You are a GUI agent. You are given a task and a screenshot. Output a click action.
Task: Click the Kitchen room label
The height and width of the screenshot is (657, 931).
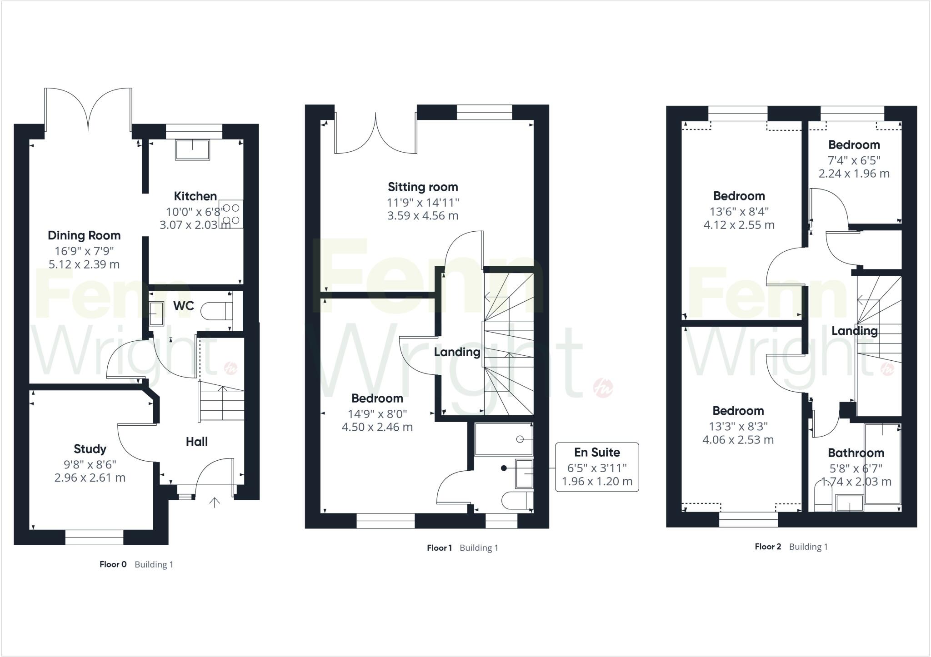(195, 196)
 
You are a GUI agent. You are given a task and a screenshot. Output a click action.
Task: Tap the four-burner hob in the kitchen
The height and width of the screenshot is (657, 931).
(231, 214)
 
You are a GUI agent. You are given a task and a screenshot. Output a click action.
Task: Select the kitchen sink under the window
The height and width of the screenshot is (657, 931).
(193, 149)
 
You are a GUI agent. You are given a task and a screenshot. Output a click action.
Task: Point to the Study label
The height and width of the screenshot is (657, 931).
(90, 449)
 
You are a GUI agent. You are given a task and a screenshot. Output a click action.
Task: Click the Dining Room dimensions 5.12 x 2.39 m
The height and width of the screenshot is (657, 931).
(84, 264)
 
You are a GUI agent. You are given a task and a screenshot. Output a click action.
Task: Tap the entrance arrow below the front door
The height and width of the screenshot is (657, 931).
(215, 502)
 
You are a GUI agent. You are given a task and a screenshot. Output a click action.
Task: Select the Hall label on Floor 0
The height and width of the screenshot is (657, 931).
(197, 442)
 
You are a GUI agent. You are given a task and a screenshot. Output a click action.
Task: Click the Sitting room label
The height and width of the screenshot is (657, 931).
(423, 187)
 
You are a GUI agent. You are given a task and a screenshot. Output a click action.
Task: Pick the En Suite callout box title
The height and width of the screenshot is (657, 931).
(597, 453)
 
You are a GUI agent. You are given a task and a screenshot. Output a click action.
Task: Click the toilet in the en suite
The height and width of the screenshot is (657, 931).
(516, 501)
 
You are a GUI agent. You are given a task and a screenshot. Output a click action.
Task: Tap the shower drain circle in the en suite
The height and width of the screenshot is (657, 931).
(520, 439)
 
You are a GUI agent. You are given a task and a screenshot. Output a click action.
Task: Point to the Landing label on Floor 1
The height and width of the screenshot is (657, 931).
(457, 352)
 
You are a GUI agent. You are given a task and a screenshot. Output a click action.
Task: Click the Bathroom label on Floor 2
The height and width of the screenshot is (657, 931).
(856, 453)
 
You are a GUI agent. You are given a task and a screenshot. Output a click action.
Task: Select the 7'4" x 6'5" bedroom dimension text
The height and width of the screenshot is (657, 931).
(854, 160)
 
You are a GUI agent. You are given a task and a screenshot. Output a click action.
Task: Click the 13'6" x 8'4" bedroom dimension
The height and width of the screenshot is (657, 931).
(739, 211)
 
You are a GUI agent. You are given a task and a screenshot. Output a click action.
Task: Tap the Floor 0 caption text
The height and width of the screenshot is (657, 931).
(113, 564)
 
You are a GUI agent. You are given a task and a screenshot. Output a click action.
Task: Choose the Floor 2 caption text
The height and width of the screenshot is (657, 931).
(768, 547)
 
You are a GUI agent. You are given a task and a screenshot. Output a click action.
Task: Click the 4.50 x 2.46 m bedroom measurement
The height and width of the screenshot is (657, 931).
(377, 427)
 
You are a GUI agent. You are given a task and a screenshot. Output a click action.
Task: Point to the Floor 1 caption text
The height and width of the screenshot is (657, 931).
(439, 548)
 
